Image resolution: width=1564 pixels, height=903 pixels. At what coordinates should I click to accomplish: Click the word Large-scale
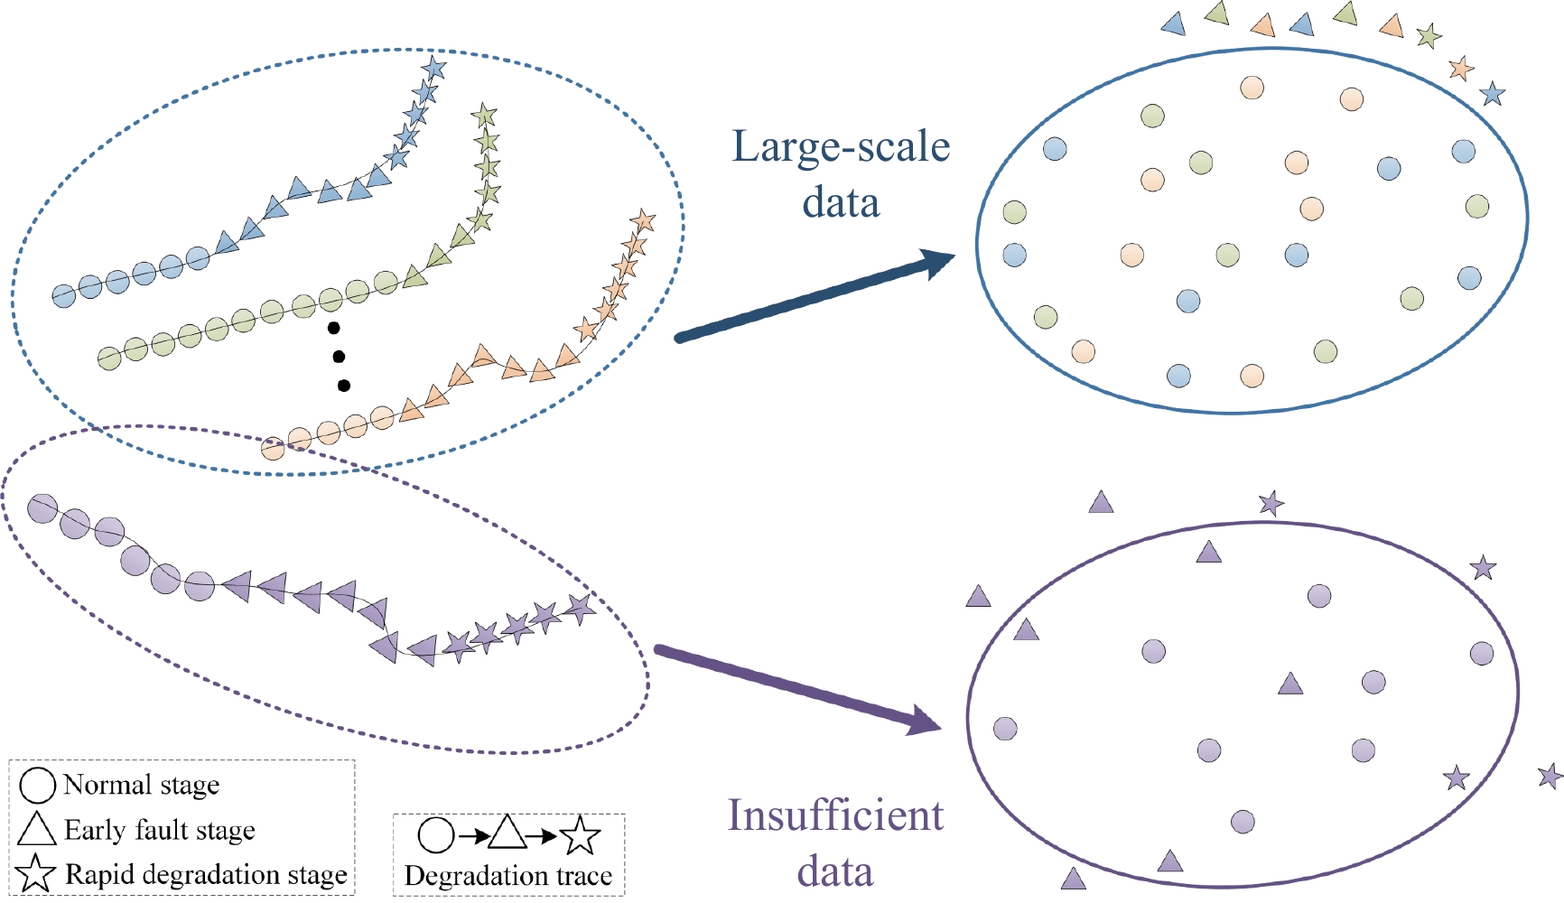click(x=841, y=147)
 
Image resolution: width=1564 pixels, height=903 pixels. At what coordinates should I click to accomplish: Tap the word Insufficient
click(x=835, y=815)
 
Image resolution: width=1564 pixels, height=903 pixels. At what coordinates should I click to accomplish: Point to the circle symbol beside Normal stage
click(x=38, y=786)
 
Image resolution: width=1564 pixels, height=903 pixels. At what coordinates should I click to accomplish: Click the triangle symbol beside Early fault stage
click(x=37, y=829)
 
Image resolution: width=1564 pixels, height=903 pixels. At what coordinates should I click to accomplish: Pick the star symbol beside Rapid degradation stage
click(x=36, y=873)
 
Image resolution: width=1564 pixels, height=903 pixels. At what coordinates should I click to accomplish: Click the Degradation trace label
click(x=508, y=876)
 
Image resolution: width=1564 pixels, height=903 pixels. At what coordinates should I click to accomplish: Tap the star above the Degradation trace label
click(x=580, y=836)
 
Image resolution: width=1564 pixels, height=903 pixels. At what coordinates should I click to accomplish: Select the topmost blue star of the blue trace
click(x=433, y=68)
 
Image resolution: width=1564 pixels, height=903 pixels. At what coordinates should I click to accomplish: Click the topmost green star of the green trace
click(x=484, y=115)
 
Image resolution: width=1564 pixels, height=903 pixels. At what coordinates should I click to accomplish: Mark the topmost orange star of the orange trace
click(x=642, y=220)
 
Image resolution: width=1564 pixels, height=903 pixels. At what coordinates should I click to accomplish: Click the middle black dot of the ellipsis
click(x=339, y=357)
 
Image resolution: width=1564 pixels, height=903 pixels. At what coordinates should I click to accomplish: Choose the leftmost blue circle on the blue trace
click(x=63, y=295)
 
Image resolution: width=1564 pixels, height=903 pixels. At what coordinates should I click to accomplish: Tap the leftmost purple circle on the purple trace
click(x=42, y=509)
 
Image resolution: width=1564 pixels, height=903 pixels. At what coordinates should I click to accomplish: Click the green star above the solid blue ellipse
click(x=1429, y=37)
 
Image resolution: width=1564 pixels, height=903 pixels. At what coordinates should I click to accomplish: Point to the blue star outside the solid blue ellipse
click(x=1493, y=93)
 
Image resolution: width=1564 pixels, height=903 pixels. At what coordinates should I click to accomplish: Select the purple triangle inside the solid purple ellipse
click(x=1290, y=684)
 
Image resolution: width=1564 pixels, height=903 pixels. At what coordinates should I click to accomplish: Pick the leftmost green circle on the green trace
click(x=109, y=358)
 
